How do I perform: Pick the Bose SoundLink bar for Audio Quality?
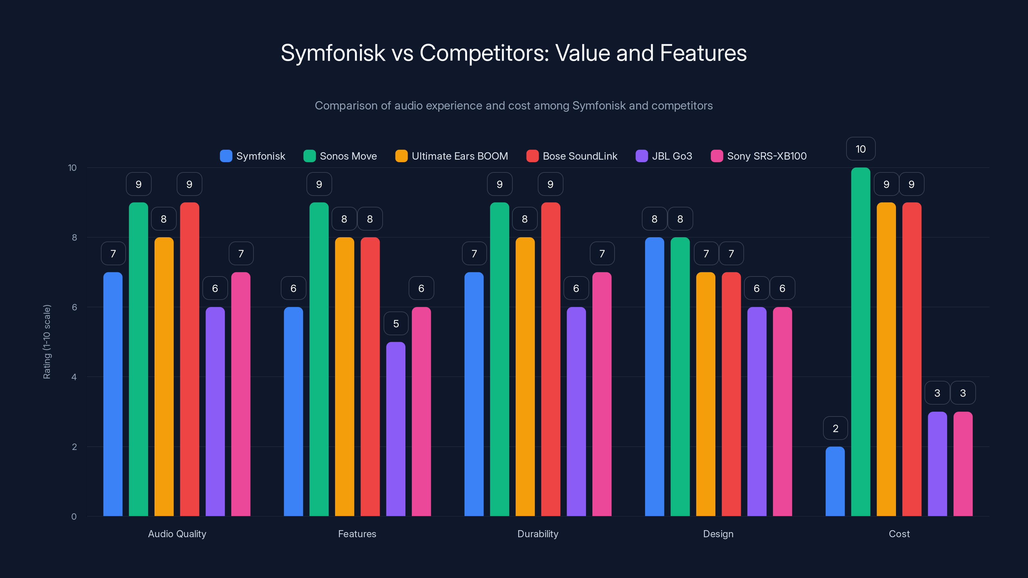[x=190, y=359]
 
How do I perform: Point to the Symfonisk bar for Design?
[x=654, y=377]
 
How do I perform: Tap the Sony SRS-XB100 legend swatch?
[x=717, y=156]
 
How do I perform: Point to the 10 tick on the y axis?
[x=72, y=168]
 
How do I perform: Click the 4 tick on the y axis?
[x=74, y=377]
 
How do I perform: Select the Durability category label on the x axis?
[x=537, y=534]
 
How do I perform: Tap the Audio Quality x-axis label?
[x=177, y=534]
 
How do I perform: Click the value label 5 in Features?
[x=396, y=323]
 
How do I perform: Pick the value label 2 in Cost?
[x=835, y=428]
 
